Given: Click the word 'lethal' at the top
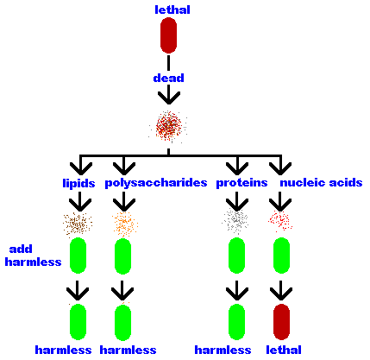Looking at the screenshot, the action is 172,9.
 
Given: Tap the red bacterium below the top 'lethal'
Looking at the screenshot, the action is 168,35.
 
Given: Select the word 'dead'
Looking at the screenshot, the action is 169,78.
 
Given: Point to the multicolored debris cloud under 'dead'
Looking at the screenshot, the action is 168,126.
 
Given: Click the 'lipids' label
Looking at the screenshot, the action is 78,183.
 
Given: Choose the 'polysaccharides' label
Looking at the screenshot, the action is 156,183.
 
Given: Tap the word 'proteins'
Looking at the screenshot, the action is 241,183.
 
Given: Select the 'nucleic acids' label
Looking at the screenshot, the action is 321,182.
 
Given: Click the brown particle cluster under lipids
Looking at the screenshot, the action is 78,224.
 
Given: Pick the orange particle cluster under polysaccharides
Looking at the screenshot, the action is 125,224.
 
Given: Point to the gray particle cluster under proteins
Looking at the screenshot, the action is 235,221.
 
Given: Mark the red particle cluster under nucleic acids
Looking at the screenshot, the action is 280,221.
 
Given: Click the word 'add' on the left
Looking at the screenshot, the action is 21,249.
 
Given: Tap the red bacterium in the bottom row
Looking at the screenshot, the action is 281,322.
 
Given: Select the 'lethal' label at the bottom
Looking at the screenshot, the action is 284,350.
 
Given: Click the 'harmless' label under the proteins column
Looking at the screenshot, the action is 223,350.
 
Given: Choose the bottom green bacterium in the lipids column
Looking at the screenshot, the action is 78,322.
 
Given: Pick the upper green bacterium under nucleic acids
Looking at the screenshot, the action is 281,256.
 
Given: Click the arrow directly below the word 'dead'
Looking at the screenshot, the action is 169,95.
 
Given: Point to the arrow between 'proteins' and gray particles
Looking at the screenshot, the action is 237,201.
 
